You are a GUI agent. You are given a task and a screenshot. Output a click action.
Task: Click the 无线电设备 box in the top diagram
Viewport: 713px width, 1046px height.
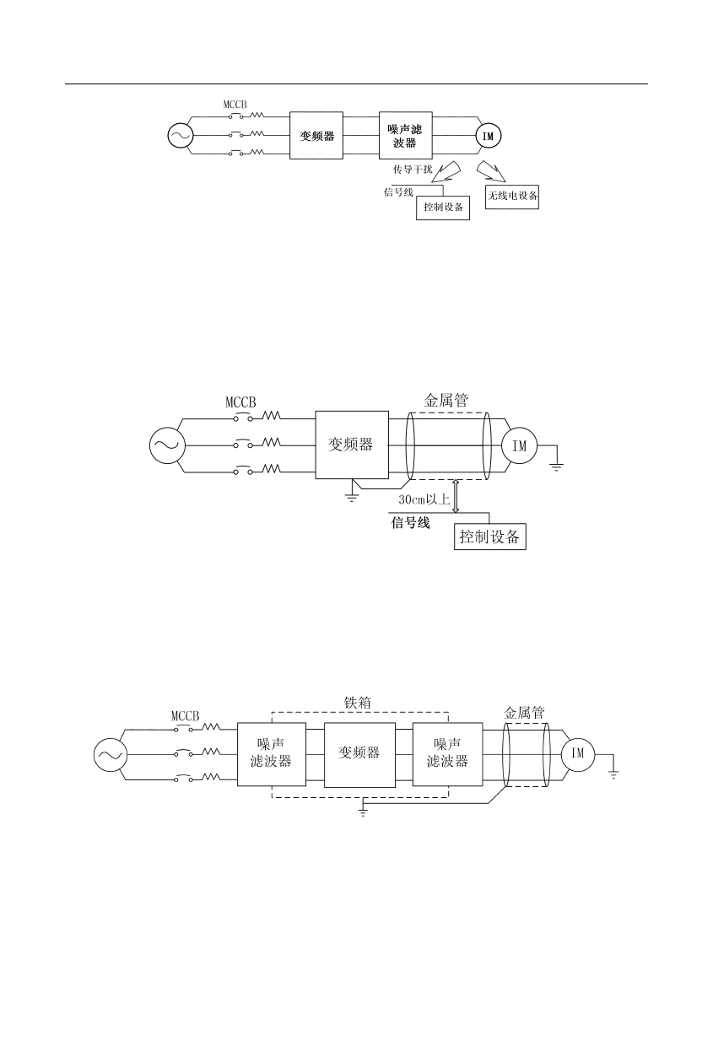512,197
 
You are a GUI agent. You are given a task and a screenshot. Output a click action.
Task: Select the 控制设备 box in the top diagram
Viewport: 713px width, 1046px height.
443,208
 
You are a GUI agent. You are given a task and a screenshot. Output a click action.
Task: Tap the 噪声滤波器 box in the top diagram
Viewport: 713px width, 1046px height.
405,135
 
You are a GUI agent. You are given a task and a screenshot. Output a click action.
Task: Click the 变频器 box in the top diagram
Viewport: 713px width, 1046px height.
316,135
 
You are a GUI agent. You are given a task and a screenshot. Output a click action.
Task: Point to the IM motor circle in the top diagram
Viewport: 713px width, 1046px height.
487,135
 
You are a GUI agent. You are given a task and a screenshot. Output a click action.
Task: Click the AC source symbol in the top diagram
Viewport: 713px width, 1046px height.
181,135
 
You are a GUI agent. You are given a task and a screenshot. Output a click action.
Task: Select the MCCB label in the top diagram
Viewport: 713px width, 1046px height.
235,105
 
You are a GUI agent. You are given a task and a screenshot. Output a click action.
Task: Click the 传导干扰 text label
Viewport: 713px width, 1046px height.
412,170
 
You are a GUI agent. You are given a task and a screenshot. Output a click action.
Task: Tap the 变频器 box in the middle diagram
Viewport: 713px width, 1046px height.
352,445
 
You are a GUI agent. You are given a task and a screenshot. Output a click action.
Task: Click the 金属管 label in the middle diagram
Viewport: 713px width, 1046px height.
446,401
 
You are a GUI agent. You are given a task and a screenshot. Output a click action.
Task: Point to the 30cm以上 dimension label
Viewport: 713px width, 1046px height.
425,499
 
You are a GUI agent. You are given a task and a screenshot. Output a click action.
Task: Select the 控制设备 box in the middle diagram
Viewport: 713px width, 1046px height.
490,536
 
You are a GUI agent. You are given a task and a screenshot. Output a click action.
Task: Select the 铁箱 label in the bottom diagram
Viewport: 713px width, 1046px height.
358,702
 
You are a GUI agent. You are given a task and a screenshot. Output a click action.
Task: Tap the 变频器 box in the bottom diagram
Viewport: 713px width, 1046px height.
359,753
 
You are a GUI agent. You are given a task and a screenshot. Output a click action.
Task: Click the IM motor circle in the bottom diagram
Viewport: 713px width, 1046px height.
578,753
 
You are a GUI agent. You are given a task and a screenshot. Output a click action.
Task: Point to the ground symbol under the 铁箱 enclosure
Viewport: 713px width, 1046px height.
363,811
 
